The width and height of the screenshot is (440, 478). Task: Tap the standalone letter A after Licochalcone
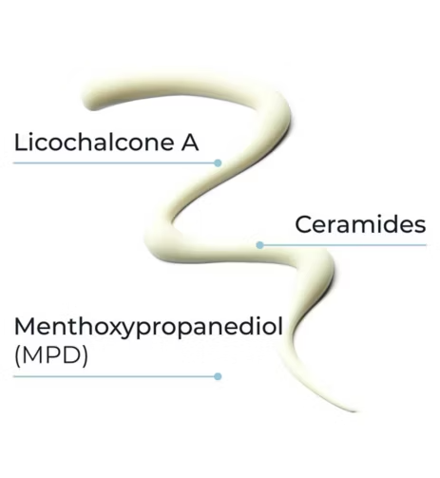point(190,143)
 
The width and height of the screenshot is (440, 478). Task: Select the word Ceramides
point(360,224)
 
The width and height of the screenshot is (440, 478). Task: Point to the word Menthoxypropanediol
point(148,327)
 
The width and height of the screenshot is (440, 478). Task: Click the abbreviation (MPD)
point(51,355)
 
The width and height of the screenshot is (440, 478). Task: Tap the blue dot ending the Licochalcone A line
point(218,163)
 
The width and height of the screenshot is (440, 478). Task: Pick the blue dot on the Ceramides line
point(259,245)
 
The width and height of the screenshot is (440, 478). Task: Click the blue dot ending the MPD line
point(218,376)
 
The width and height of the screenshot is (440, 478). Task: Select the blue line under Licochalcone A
point(116,163)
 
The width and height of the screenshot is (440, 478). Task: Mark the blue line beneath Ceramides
point(343,245)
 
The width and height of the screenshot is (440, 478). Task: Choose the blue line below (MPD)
point(116,376)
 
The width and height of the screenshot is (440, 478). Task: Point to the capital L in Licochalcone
point(20,143)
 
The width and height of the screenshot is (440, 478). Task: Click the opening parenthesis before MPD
point(17,356)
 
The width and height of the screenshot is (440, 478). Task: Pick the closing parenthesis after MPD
point(85,356)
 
